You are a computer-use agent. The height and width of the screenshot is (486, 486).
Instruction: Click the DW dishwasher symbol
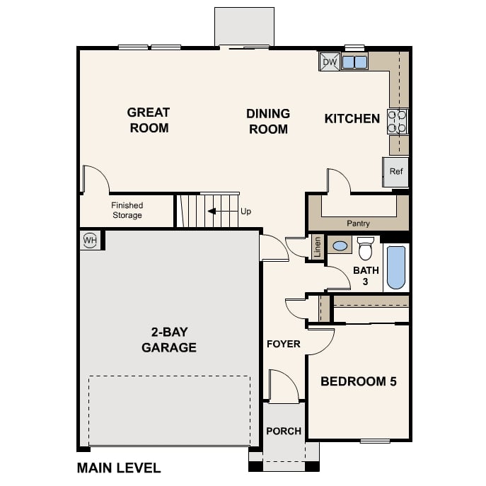coord(330,62)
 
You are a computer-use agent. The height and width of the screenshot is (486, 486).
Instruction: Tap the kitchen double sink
coord(355,62)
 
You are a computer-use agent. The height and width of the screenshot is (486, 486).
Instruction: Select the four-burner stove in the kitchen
coord(398,122)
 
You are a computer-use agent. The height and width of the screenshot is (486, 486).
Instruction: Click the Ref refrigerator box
coord(395,172)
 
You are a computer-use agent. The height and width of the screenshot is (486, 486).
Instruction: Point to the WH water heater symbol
coord(90,240)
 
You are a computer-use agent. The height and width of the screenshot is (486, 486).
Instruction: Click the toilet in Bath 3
coord(366,248)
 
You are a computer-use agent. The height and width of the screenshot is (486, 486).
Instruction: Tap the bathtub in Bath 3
coord(396,267)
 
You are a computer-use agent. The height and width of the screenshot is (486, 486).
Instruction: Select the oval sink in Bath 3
coord(340,246)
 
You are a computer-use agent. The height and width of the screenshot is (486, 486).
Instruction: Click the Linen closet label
coord(317,247)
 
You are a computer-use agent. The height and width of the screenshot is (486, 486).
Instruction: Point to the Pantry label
coord(358,223)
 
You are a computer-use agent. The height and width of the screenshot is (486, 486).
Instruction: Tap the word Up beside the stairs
coord(245,212)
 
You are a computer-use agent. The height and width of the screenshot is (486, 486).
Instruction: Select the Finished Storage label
coord(127,210)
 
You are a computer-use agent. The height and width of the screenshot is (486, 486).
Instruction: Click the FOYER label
coord(283,344)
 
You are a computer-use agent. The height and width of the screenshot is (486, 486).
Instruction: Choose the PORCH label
coord(284,431)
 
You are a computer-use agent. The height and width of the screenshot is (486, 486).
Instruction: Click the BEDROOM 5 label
coord(359,381)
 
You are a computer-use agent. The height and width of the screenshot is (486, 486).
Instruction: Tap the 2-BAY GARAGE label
coord(169,340)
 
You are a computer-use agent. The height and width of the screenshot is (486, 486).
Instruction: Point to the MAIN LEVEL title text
coord(119,468)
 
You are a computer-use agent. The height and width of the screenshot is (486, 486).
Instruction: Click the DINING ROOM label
coord(268,121)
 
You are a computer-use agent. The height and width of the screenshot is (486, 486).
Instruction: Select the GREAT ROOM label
coord(149,120)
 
